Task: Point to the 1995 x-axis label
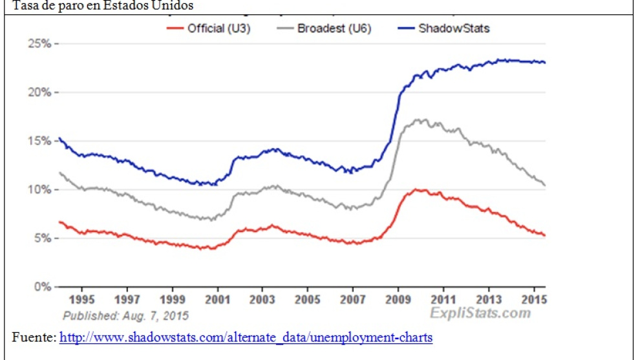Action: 81,300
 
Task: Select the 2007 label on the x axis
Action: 353,300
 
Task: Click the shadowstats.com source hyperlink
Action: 246,337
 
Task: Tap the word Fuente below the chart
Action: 34,337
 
